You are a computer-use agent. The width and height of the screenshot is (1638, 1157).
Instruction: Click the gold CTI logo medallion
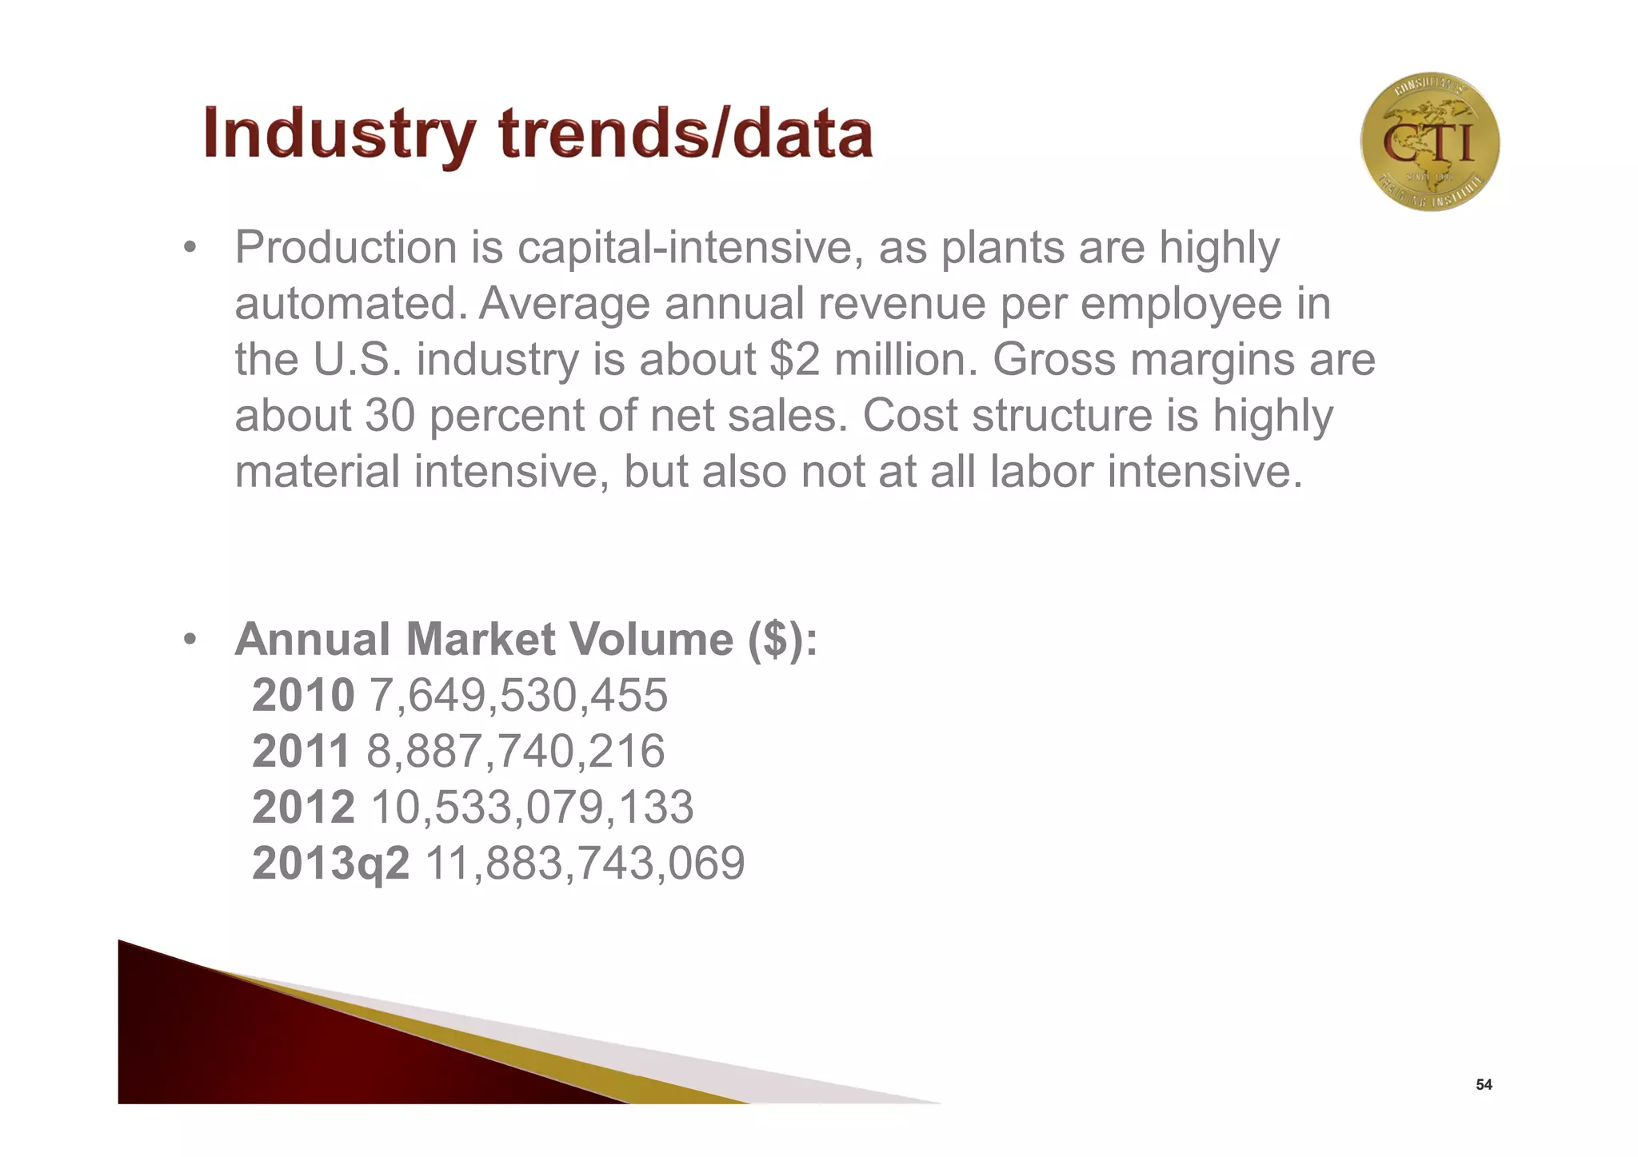(1429, 142)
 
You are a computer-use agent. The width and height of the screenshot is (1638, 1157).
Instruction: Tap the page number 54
(1484, 1085)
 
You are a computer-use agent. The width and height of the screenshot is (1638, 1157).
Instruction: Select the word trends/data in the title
(686, 134)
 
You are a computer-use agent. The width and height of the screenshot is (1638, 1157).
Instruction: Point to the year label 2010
(303, 695)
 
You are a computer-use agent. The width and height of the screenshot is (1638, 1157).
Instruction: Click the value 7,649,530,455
(517, 695)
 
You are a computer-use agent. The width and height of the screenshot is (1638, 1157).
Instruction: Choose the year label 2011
(302, 751)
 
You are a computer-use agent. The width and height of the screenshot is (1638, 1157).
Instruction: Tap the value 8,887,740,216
(515, 751)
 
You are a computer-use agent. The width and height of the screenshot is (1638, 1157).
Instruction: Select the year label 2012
(303, 807)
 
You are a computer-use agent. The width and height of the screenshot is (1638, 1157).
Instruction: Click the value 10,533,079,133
(532, 807)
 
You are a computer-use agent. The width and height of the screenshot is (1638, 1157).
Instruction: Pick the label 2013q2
(330, 864)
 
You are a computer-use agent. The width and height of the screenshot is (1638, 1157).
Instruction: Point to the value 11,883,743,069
(585, 864)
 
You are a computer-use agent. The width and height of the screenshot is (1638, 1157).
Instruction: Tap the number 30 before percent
(390, 416)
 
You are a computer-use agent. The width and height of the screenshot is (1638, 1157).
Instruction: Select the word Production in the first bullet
(346, 248)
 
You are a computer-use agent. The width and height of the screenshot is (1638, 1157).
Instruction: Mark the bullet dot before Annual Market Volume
(190, 640)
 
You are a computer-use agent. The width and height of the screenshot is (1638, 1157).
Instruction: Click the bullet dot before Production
(190, 248)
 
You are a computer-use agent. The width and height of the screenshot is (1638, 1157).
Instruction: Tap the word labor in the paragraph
(1041, 472)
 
